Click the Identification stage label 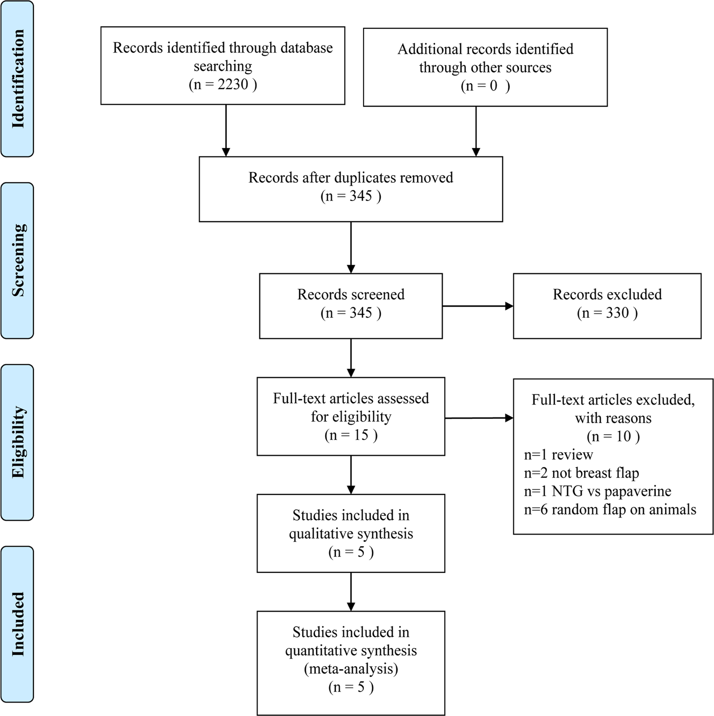tap(18, 78)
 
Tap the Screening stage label tap(18, 260)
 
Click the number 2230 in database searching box tap(233, 84)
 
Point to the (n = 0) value tap(485, 86)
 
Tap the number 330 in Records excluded tap(617, 313)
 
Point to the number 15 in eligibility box tap(361, 435)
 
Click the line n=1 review tap(558, 455)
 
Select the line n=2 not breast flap tap(581, 473)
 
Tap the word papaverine tap(638, 491)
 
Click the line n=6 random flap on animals tap(610, 510)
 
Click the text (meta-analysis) tap(351, 669)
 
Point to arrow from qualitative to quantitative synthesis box tap(351, 591)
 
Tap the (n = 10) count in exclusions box tap(613, 436)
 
